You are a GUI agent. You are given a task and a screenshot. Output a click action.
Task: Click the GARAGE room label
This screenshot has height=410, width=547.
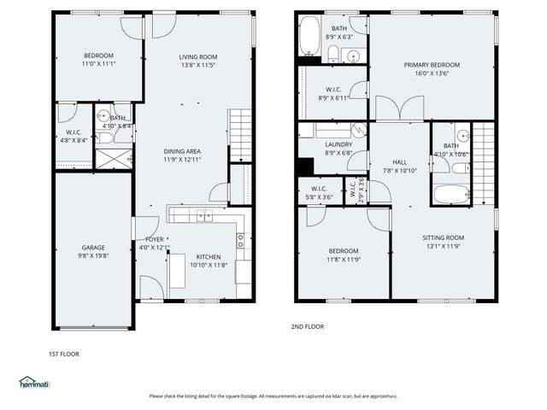tap(93, 247)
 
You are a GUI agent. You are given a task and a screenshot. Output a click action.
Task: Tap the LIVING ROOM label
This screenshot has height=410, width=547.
tap(198, 57)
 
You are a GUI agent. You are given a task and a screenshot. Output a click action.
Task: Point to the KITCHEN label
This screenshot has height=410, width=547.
tap(210, 256)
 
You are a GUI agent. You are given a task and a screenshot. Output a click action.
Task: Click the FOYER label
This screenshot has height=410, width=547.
tap(155, 239)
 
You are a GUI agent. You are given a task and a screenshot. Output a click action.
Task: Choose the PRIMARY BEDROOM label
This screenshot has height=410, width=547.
tap(432, 65)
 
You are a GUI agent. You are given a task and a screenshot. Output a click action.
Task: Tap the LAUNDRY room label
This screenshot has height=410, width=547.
tap(338, 144)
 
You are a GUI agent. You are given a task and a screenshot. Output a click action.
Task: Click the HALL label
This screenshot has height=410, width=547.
tap(400, 161)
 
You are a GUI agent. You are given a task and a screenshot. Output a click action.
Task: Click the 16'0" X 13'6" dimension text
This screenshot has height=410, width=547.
tap(432, 74)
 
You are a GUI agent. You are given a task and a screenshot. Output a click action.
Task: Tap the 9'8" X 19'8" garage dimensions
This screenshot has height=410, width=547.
tap(93, 255)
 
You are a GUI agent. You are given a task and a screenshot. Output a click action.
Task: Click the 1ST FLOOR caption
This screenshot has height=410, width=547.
tap(65, 352)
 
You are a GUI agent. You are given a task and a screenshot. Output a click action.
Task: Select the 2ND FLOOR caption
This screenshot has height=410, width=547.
tap(308, 326)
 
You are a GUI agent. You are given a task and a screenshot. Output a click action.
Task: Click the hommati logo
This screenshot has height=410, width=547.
tap(35, 382)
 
